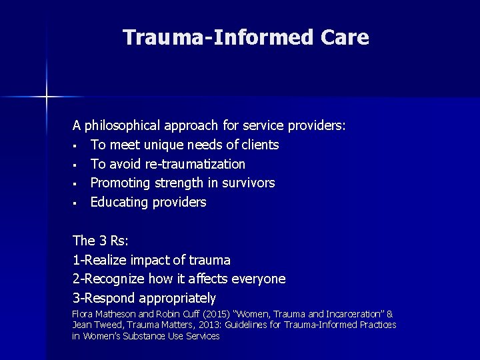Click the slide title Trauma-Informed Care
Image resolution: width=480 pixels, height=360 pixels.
coord(245,37)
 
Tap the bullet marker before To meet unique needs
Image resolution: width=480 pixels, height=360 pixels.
coord(77,145)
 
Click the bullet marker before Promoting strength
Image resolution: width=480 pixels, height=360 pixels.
coord(77,183)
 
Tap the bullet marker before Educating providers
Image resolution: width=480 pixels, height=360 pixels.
coord(77,203)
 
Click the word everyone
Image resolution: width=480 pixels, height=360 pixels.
coord(257,279)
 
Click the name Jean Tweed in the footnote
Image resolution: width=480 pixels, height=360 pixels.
coord(89,325)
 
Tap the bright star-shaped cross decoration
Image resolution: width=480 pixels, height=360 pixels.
coord(47,97)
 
